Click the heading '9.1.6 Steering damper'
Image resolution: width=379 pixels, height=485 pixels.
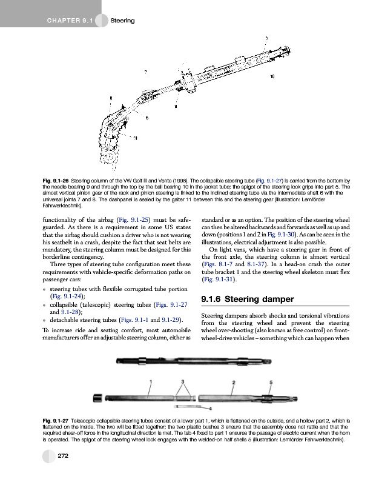[x=246, y=299]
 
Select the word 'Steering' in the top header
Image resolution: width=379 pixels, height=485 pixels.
[x=123, y=22]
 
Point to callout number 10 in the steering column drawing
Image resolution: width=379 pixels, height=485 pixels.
[x=272, y=77]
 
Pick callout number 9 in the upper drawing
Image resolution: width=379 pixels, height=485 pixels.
[x=176, y=107]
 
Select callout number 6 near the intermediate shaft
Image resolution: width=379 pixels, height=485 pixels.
[x=147, y=117]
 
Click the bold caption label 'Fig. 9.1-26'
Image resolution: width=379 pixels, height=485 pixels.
[x=59, y=181]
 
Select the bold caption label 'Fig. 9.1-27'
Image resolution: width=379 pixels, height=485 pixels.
[x=59, y=420]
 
